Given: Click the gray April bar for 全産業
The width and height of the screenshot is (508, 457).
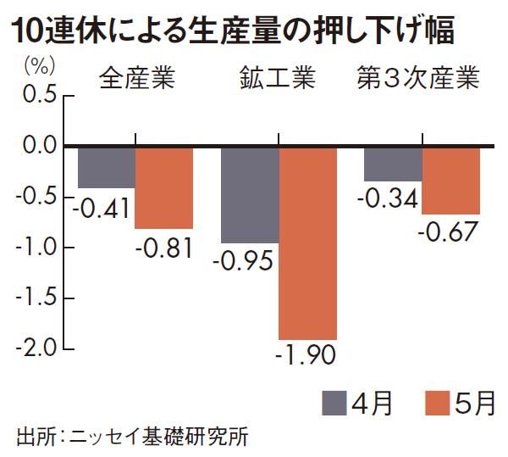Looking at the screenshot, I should coord(107,168).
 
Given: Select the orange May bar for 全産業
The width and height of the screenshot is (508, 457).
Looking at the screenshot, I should coord(164,188).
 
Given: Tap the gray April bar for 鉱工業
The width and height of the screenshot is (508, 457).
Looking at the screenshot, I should coord(250,195).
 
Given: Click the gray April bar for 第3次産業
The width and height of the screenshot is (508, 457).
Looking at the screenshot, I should coord(393,164).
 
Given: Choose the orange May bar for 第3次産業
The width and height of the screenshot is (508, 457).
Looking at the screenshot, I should coord(450,181).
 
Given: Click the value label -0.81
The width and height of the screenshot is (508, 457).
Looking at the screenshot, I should coord(164,248).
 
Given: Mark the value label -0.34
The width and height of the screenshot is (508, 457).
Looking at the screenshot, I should coord(389,199).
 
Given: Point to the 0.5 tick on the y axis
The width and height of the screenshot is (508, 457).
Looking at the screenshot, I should coord(37,95).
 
